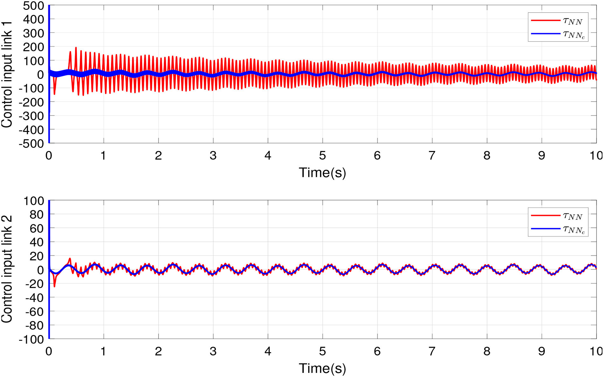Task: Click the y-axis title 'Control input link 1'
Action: [7, 74]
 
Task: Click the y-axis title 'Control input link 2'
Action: [7, 269]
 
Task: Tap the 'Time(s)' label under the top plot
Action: [322, 172]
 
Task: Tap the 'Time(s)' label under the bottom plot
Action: [322, 368]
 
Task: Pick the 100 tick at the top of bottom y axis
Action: [34, 201]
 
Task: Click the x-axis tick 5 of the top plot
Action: [322, 156]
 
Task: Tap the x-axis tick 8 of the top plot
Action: [487, 156]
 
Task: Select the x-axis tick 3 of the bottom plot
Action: [213, 351]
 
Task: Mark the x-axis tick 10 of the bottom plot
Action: [596, 351]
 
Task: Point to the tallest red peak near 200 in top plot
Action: [76, 48]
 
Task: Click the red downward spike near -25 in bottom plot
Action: [55, 286]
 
